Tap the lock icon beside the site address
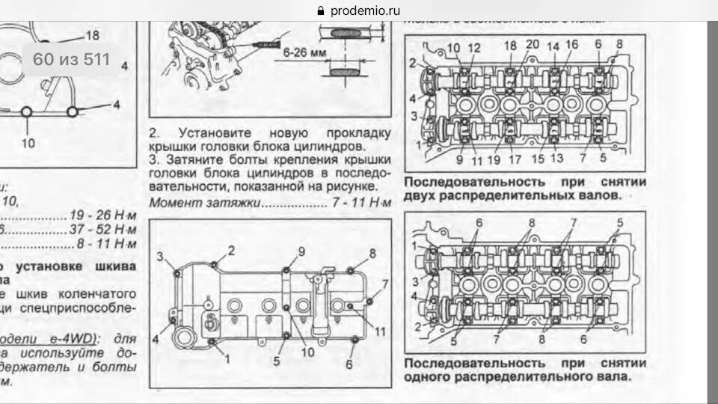pyautogui.click(x=322, y=10)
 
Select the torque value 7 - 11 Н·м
pyautogui.click(x=360, y=203)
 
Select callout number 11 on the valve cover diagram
pyautogui.click(x=380, y=330)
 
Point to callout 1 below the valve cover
pyautogui.click(x=228, y=358)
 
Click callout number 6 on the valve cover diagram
pyautogui.click(x=349, y=364)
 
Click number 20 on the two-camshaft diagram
pyautogui.click(x=533, y=46)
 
